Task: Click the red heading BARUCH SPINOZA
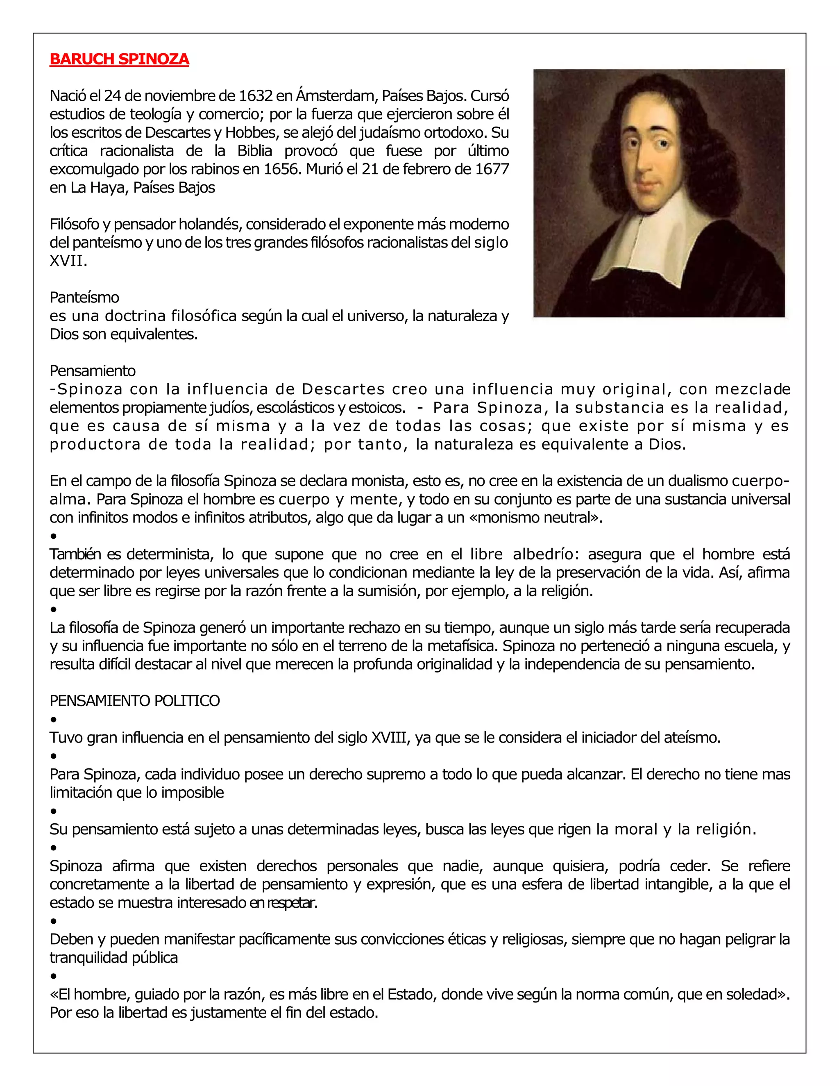pyautogui.click(x=119, y=59)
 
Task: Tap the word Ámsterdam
pyautogui.click(x=328, y=95)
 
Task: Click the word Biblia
pyautogui.click(x=254, y=151)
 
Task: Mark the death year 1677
pyautogui.click(x=492, y=169)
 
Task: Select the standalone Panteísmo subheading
pyautogui.click(x=84, y=298)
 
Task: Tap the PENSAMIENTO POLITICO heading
pyautogui.click(x=135, y=701)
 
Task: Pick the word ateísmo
pyautogui.click(x=692, y=737)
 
